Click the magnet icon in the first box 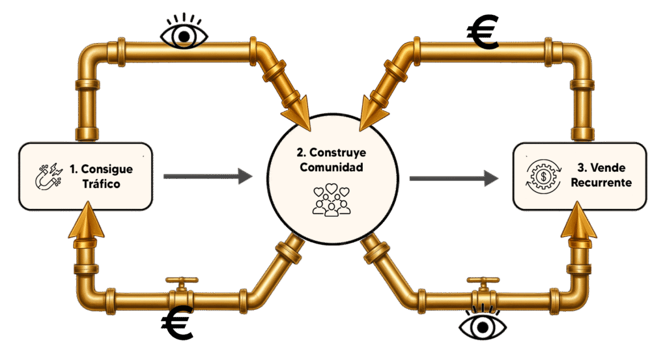click(x=48, y=176)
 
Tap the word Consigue click(x=107, y=169)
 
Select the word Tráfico click(x=101, y=184)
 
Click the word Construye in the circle click(x=338, y=152)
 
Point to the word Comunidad click(x=332, y=167)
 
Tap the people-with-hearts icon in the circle click(x=332, y=200)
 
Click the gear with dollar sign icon click(x=543, y=176)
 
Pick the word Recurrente click(x=601, y=182)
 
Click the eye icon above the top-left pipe click(x=184, y=33)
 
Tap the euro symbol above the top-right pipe click(x=483, y=32)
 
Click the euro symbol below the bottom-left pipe click(x=177, y=323)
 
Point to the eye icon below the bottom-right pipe click(x=483, y=324)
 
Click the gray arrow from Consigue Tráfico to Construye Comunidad click(x=208, y=176)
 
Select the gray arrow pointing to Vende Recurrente click(x=454, y=178)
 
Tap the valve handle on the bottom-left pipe click(x=182, y=281)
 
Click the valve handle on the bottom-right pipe click(x=483, y=281)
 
